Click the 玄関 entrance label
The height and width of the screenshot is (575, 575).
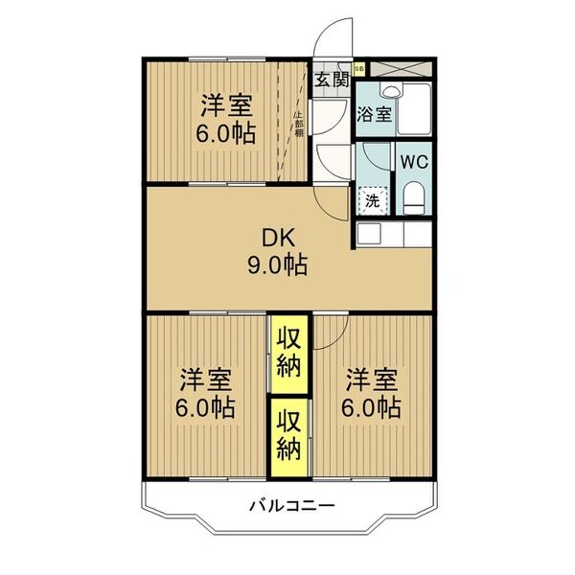[331, 79]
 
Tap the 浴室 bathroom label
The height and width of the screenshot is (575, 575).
[374, 115]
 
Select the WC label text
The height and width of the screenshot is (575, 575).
[414, 162]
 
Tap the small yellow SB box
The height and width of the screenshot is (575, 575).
[359, 68]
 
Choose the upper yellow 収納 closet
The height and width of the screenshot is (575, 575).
[289, 353]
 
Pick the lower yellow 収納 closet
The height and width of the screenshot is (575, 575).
[289, 436]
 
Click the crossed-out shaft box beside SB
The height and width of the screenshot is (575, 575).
[398, 68]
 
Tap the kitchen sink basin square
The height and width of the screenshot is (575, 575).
[366, 234]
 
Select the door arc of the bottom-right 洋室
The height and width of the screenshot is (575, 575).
[329, 331]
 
